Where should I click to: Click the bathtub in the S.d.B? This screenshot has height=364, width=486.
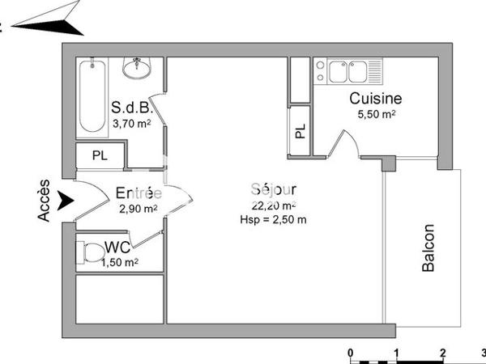tap(90, 98)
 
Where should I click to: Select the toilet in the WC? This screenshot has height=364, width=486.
tap(87, 253)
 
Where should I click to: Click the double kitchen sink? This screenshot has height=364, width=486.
tap(351, 73)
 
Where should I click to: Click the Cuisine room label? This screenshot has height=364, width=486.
tap(376, 99)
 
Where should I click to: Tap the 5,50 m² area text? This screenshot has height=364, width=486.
tap(377, 115)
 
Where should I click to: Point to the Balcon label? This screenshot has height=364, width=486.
tap(429, 248)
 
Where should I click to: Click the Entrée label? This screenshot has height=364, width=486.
tap(138, 193)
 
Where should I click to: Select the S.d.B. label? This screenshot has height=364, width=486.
tap(130, 108)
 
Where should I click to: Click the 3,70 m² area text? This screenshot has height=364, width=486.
tap(131, 123)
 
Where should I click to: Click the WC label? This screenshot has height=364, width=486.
tap(118, 247)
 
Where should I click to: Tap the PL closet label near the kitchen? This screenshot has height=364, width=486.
tap(300, 132)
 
